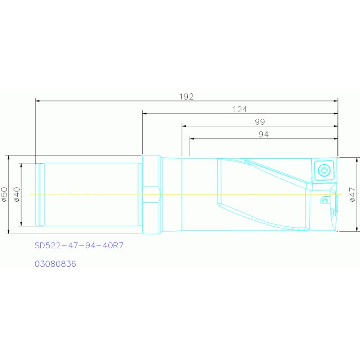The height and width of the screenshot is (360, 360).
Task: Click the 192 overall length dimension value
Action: (x=186, y=97)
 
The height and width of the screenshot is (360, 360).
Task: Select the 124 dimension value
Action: (x=240, y=109)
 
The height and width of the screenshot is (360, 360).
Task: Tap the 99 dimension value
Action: (x=260, y=122)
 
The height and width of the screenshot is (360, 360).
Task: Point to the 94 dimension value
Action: (x=264, y=134)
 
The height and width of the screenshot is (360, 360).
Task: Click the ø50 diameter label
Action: (x=4, y=194)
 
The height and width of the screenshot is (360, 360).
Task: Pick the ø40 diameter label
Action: (x=17, y=194)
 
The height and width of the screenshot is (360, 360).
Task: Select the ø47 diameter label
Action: (x=352, y=194)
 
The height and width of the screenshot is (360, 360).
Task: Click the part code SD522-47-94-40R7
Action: (x=79, y=245)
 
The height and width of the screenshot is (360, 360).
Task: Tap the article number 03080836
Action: (x=55, y=264)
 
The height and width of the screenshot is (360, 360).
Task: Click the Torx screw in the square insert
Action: (x=324, y=170)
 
